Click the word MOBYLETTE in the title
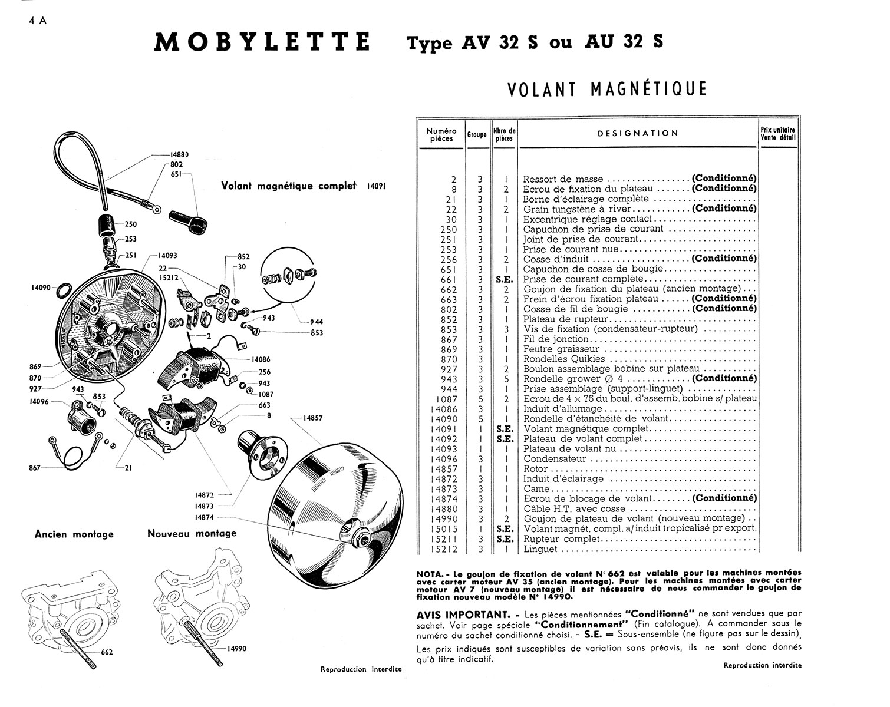pos(262,42)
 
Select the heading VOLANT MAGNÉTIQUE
pos(606,89)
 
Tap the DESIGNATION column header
pos(638,133)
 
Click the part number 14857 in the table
pos(443,469)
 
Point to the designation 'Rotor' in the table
pos(535,469)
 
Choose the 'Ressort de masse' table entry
pos(563,179)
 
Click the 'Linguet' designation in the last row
pos(540,549)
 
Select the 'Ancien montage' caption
pos(74,534)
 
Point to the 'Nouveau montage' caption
pos(192,533)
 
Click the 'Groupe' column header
pos(477,134)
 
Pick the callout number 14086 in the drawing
pos(261,359)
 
